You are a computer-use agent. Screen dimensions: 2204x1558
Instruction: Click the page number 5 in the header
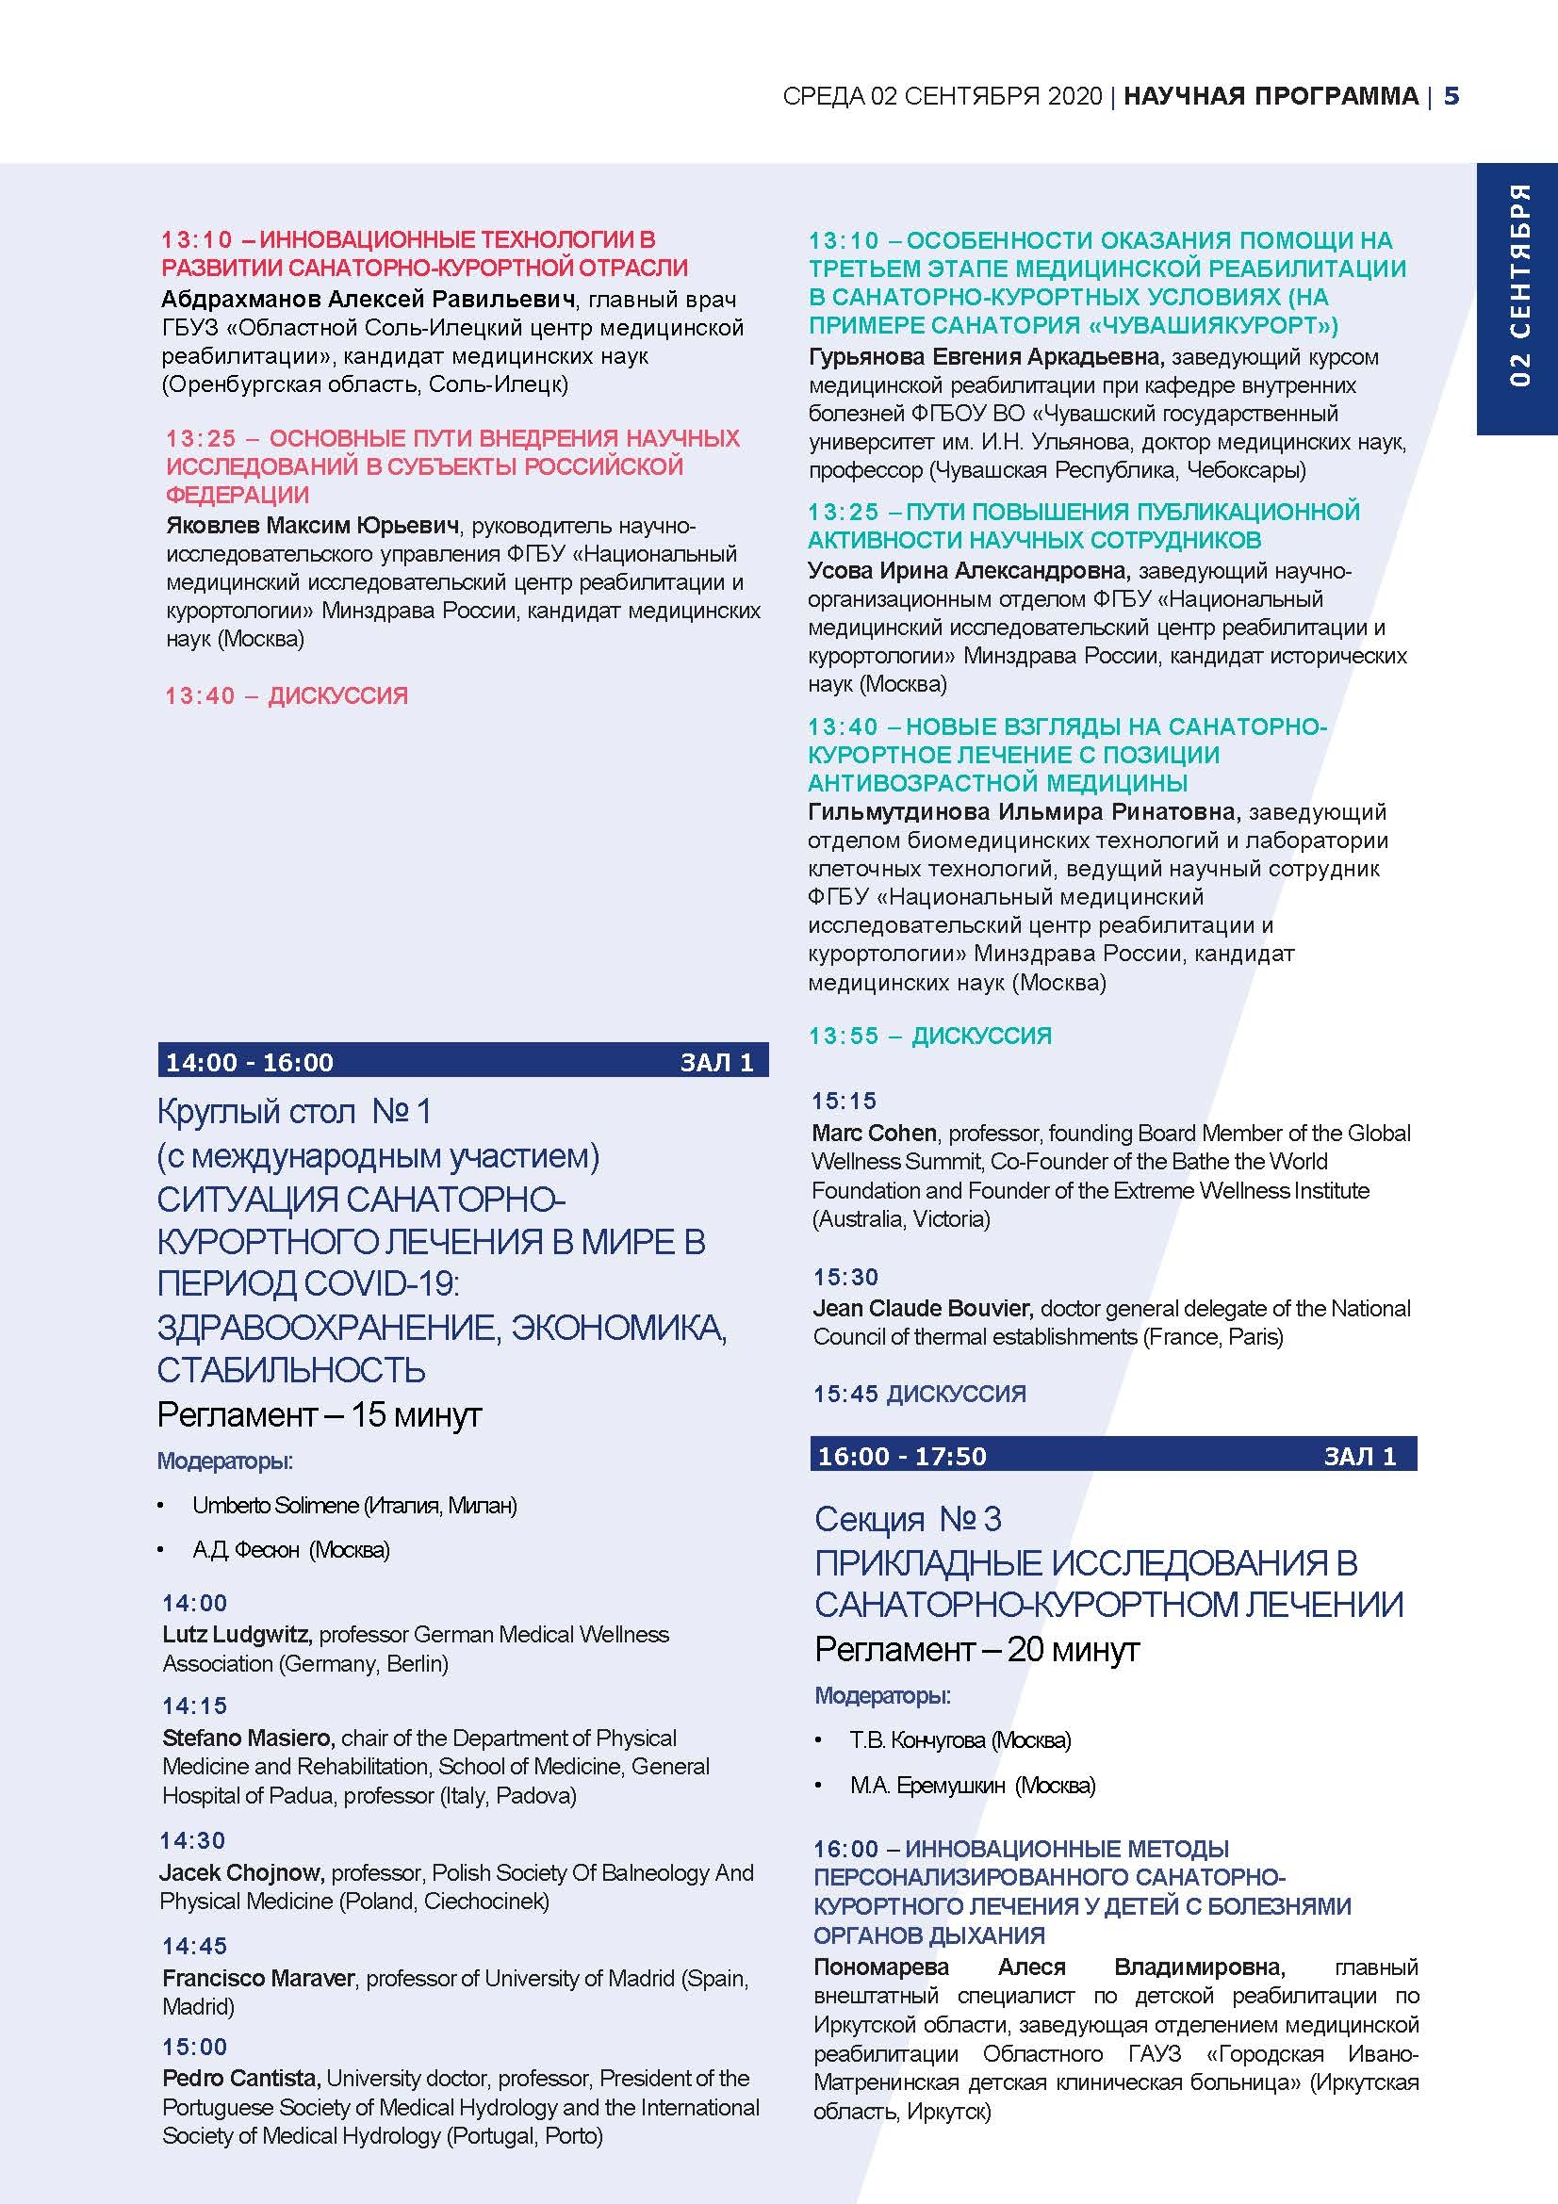[1451, 96]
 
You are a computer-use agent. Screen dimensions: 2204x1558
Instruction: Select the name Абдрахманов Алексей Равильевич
[369, 300]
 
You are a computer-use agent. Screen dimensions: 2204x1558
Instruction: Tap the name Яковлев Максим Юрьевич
[312, 526]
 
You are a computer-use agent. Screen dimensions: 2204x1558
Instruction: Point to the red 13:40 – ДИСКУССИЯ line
[287, 696]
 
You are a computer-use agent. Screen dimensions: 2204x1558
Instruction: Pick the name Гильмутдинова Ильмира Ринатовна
[1024, 812]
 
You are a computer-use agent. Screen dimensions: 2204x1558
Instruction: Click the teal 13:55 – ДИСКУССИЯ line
[929, 1036]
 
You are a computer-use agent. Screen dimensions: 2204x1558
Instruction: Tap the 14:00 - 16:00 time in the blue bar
[250, 1063]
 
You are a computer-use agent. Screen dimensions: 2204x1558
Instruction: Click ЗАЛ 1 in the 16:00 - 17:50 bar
[1359, 1456]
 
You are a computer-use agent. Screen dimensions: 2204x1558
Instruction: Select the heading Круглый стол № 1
[294, 1112]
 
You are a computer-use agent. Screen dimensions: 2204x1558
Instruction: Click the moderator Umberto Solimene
[275, 1505]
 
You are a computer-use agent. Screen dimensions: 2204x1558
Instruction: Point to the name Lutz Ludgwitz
[237, 1635]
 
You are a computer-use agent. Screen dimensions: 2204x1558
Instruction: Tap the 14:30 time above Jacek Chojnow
[193, 1840]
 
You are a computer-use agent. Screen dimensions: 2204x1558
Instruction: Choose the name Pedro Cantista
[240, 2079]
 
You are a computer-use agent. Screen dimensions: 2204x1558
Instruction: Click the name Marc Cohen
[874, 1133]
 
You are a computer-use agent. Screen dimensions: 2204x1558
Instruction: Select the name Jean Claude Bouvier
[923, 1309]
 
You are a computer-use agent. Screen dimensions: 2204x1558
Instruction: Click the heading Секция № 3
[907, 1519]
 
